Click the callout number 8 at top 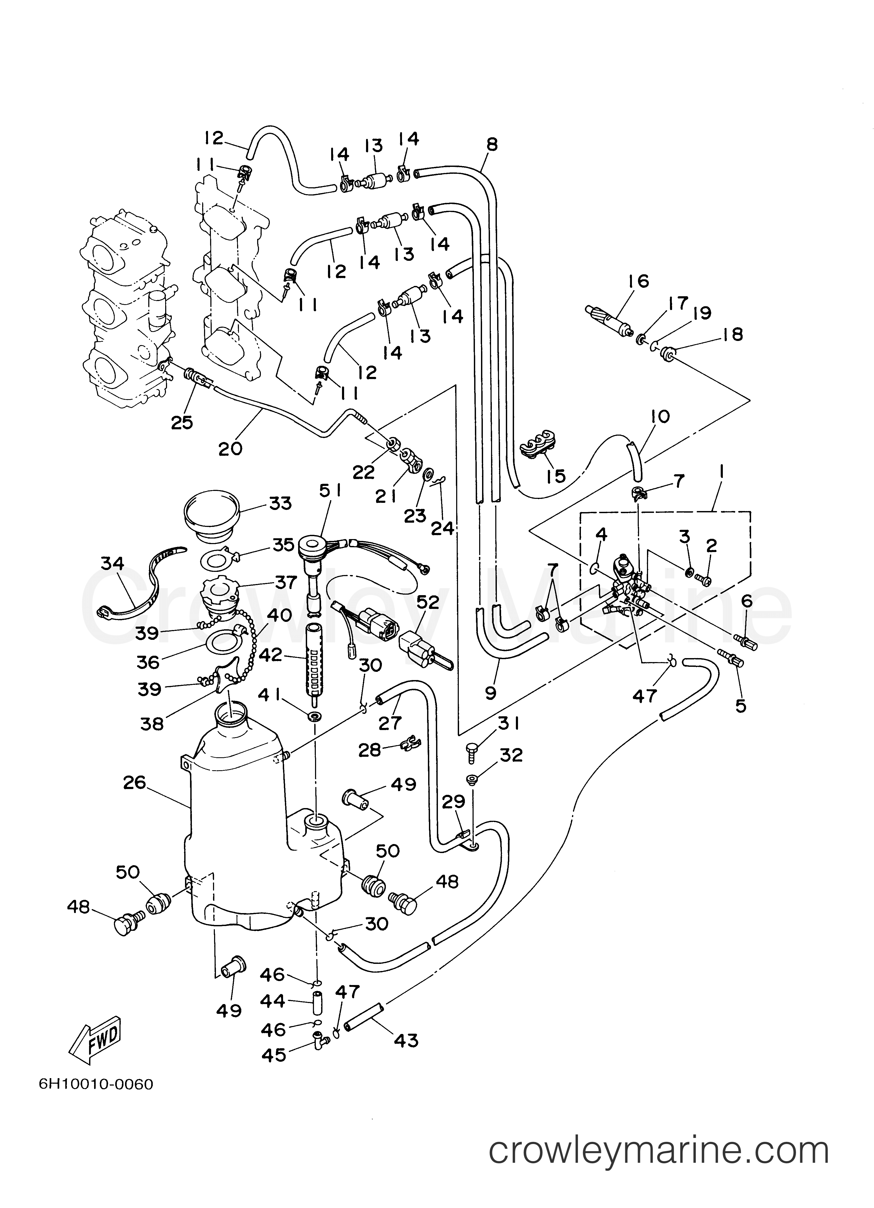[x=492, y=144]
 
